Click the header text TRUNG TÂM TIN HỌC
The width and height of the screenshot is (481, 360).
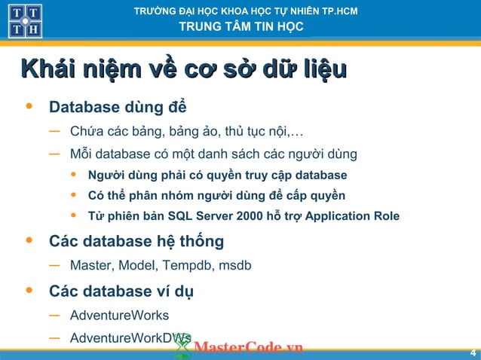(241, 27)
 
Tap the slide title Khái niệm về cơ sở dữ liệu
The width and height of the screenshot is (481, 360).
(185, 70)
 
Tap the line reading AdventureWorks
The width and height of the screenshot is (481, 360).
(119, 315)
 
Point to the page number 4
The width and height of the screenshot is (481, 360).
(473, 353)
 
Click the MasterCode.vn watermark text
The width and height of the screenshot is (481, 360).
(248, 347)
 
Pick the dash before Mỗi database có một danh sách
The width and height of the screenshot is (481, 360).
(54, 154)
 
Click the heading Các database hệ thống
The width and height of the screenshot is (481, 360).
(136, 242)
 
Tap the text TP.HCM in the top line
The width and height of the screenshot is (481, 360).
(339, 11)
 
